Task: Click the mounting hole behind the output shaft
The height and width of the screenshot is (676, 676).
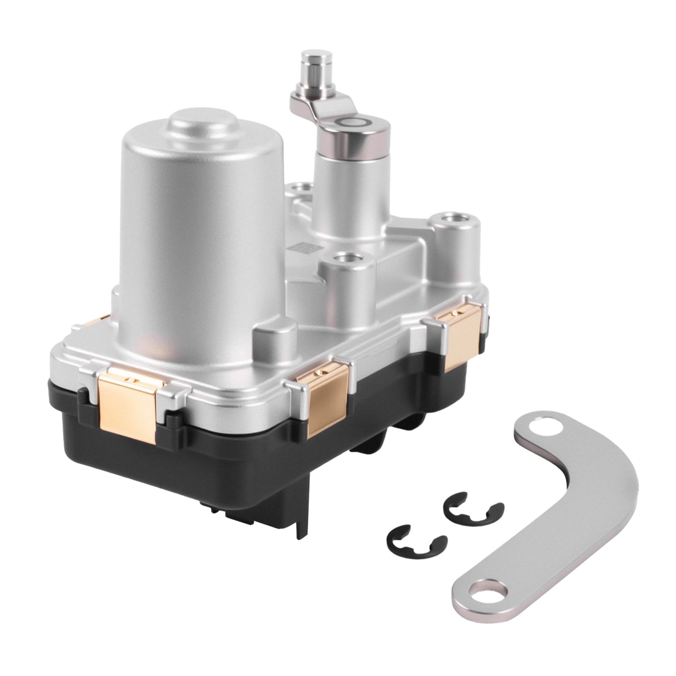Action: (x=301, y=186)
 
